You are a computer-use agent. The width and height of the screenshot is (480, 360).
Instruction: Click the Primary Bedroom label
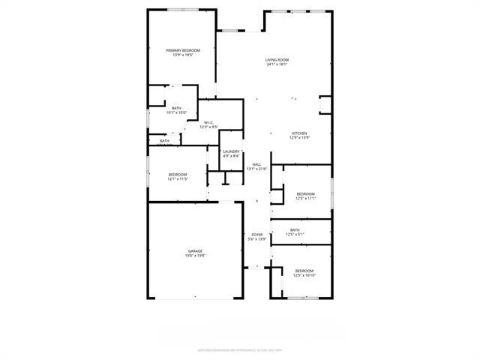[183, 50]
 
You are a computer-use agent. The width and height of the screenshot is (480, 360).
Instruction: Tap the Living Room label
[277, 60]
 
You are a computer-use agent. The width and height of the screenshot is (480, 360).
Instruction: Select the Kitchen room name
[299, 133]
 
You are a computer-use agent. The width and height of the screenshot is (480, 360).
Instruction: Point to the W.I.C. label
[208, 122]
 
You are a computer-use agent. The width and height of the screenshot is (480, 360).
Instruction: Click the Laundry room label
[231, 151]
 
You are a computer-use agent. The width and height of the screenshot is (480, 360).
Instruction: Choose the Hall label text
[256, 164]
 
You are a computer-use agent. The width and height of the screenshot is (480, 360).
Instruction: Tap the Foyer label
[257, 235]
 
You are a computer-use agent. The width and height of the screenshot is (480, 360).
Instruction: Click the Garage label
[195, 251]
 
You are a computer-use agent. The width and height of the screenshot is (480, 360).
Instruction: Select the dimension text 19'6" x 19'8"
[195, 256]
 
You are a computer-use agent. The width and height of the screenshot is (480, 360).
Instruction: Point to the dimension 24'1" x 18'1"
[277, 64]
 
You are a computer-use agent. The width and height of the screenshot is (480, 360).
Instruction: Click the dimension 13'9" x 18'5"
[183, 55]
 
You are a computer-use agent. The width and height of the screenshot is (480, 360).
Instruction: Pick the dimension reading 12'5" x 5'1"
[295, 235]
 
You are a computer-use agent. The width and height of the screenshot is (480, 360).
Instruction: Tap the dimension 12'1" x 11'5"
[177, 179]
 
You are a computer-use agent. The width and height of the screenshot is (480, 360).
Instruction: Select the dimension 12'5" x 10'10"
[304, 275]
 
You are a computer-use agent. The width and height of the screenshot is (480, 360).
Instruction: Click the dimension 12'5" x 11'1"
[305, 198]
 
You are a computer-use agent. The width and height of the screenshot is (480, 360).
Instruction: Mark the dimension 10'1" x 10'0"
[176, 112]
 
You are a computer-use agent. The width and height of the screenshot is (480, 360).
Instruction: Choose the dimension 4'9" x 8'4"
[231, 156]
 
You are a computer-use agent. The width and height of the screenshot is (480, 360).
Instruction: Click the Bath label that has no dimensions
[164, 141]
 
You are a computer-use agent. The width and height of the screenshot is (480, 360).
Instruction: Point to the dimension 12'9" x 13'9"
[299, 138]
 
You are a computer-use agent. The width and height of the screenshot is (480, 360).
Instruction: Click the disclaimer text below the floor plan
[239, 349]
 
